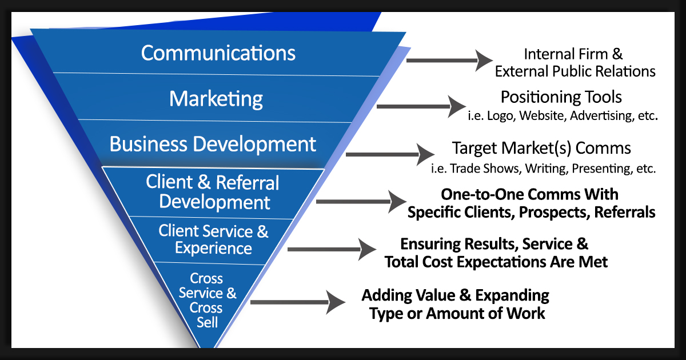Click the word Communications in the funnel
[218, 53]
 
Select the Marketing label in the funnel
[216, 99]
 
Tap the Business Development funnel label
[213, 143]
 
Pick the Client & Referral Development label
[213, 192]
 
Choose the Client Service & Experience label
[213, 239]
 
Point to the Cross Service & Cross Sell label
[207, 300]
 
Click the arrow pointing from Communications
[449, 60]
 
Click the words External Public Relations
[575, 71]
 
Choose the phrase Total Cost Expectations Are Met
[496, 262]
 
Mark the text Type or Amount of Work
[457, 313]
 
